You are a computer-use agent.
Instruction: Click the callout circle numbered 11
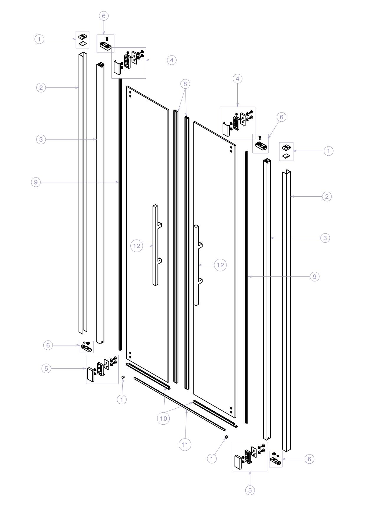(x=185, y=444)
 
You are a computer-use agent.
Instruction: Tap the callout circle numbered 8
(x=185, y=84)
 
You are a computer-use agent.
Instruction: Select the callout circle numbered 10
(x=164, y=418)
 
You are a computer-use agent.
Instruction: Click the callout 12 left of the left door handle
(x=137, y=246)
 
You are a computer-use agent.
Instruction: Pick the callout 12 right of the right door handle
(x=220, y=265)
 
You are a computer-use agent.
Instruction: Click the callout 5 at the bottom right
(x=250, y=490)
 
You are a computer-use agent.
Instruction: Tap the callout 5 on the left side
(x=46, y=369)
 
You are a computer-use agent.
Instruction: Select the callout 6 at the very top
(x=104, y=16)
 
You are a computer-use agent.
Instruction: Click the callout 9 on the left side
(x=36, y=182)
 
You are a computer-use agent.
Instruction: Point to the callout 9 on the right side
(x=315, y=277)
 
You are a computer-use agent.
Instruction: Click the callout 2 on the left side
(x=41, y=88)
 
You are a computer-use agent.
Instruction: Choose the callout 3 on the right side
(x=325, y=238)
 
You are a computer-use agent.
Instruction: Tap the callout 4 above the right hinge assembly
(x=237, y=79)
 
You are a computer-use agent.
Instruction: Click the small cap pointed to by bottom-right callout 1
(x=226, y=437)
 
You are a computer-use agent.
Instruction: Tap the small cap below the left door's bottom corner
(x=123, y=377)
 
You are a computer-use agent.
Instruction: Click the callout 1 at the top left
(x=40, y=39)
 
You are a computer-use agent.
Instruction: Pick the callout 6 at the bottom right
(x=309, y=459)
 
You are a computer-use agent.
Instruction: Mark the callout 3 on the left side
(x=41, y=139)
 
